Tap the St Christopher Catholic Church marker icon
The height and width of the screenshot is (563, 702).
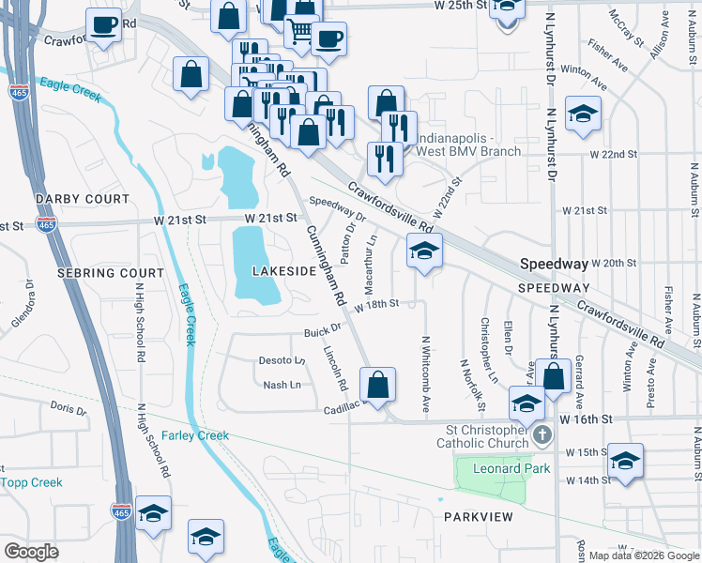click(x=542, y=437)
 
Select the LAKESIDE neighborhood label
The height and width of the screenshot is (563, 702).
click(x=284, y=271)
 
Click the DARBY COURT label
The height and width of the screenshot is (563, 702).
click(x=82, y=200)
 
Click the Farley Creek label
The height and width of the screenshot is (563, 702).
click(x=195, y=436)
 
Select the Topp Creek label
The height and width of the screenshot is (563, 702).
click(x=32, y=482)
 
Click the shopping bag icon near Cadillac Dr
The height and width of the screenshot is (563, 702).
click(x=377, y=385)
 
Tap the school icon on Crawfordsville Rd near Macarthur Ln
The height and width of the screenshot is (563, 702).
click(x=424, y=251)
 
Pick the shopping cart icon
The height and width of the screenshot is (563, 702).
click(x=300, y=31)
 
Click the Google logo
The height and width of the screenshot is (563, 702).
click(x=31, y=551)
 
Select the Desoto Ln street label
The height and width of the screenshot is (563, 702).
click(x=282, y=360)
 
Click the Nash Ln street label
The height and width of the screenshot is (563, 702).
click(x=282, y=385)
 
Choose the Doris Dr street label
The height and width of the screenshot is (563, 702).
click(x=69, y=408)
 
